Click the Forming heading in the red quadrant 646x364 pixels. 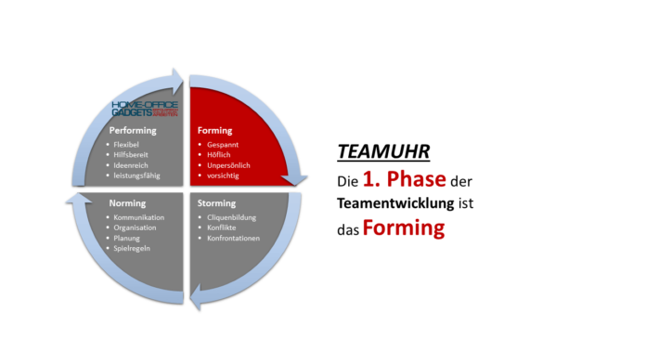213,131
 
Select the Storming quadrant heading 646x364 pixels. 216,203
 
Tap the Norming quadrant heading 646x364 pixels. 126,203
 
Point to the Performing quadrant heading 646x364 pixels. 133,131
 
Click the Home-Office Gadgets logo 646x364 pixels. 144,109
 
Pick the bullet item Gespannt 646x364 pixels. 224,145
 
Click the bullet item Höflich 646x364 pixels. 220,155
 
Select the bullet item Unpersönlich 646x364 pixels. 227,165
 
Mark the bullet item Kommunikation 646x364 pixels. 141,217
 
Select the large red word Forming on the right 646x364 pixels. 404,227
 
